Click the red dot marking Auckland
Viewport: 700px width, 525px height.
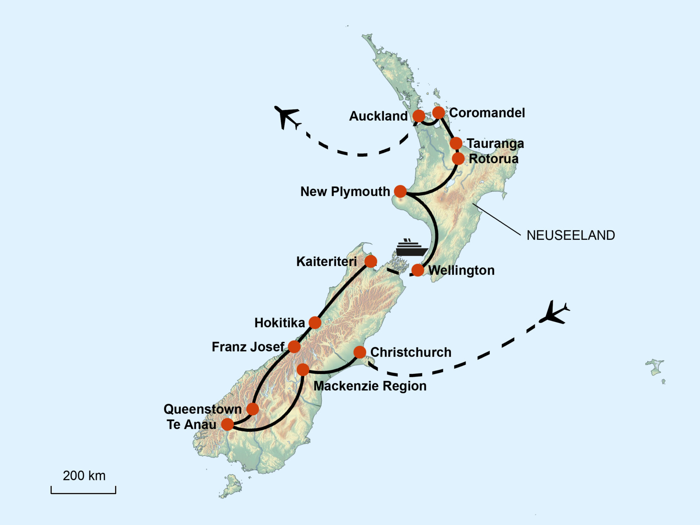point(419,116)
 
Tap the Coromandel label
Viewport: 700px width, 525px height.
point(487,113)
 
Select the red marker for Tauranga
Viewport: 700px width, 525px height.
point(456,143)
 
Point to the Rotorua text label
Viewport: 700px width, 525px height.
point(493,159)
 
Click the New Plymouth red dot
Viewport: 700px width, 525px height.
point(400,191)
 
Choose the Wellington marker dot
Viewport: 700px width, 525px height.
point(417,270)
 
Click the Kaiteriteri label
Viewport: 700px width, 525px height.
point(326,261)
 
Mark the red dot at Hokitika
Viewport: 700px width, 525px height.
point(315,322)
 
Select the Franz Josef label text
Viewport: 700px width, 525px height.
point(248,347)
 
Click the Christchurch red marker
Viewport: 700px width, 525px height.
point(359,352)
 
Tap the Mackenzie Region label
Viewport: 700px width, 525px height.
point(370,386)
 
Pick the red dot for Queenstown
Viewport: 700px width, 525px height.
point(252,409)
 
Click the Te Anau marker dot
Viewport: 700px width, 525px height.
point(227,424)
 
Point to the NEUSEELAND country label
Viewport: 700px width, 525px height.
point(571,236)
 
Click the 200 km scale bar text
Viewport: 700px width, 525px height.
point(84,476)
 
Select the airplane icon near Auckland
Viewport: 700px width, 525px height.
point(287,116)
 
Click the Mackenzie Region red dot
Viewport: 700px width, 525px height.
point(303,370)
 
